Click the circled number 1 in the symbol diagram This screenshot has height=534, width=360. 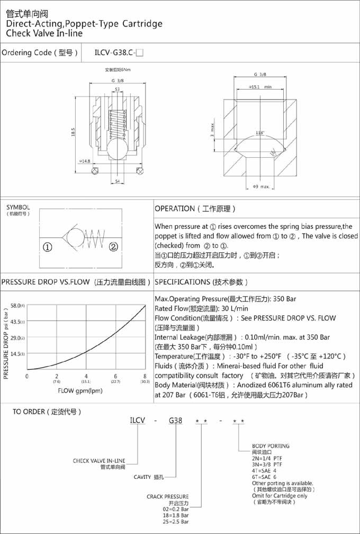(x=47, y=246)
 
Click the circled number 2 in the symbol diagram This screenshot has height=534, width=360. (x=113, y=246)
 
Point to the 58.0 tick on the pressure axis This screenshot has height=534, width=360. (x=14, y=306)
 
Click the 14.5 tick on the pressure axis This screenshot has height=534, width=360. (x=14, y=353)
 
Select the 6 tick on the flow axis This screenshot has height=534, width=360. (x=115, y=376)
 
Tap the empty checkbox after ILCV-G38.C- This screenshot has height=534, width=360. (x=140, y=52)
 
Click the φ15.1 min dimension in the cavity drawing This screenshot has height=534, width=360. (x=259, y=86)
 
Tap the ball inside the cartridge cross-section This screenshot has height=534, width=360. (x=117, y=149)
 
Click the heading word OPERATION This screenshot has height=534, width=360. (x=175, y=209)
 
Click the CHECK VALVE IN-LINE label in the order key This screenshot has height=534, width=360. (x=99, y=461)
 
